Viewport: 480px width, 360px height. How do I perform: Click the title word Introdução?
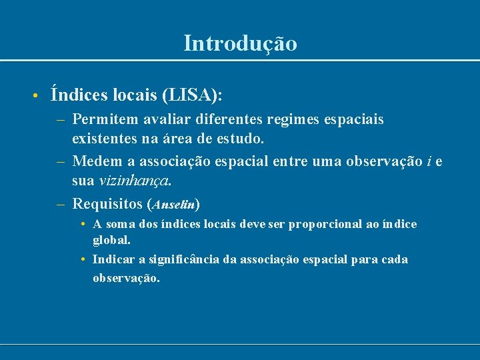(240, 44)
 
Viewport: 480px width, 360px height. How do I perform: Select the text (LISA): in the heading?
(192, 96)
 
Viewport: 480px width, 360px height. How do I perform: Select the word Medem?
(94, 161)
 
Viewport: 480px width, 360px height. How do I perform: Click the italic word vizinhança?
(135, 181)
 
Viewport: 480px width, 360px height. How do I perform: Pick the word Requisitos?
(107, 203)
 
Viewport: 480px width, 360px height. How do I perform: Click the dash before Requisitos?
(60, 203)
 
